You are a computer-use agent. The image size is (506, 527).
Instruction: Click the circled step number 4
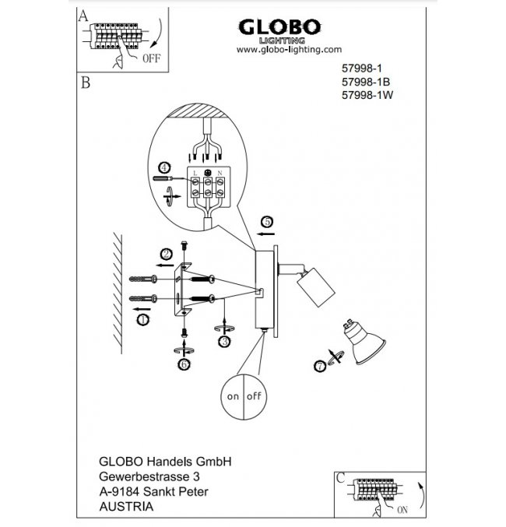point(163,168)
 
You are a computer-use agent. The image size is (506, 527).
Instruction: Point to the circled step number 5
point(266,222)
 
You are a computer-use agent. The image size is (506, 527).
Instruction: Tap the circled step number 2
point(166,253)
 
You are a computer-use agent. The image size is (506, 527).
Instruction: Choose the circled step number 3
point(224,340)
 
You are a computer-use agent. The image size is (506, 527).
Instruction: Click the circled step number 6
point(184,363)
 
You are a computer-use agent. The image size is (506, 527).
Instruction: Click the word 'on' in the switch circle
point(232,395)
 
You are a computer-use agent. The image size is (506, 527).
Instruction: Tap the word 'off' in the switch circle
point(254,395)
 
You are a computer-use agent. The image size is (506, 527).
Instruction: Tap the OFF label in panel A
point(151,58)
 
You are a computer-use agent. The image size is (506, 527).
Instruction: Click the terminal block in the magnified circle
point(208,186)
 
